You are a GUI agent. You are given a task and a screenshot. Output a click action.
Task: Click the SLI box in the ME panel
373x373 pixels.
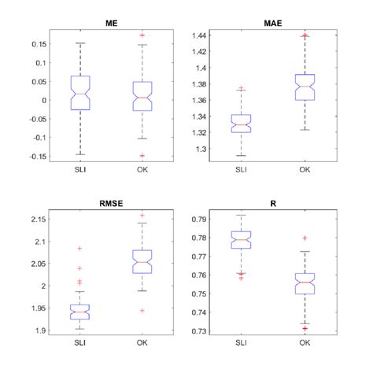tap(80, 93)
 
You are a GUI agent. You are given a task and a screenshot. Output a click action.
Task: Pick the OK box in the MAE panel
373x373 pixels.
tap(304, 87)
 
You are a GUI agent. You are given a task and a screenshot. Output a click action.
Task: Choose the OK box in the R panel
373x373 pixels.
tap(304, 283)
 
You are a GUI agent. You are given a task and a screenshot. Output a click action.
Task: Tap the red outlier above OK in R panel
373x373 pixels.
tap(304, 238)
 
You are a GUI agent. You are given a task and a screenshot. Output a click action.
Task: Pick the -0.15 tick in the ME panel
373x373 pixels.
tap(36, 156)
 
